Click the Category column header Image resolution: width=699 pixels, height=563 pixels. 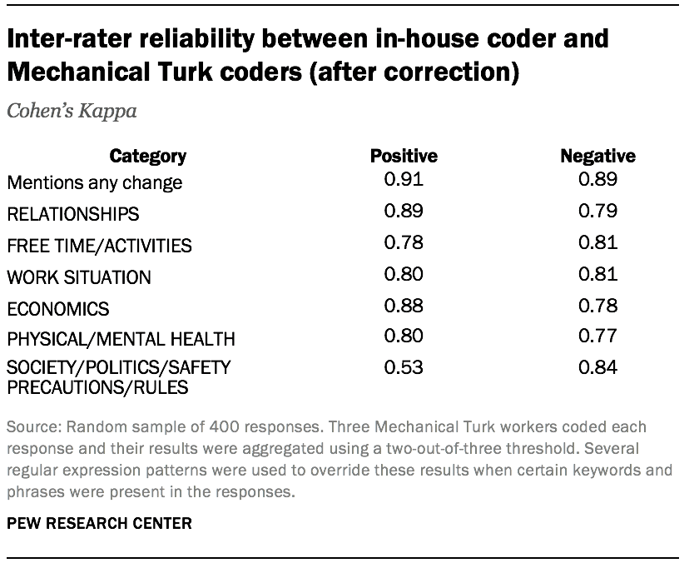[x=148, y=156]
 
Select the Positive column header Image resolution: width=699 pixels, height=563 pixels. [x=404, y=156]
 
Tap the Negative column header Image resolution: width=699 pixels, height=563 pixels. [x=597, y=156]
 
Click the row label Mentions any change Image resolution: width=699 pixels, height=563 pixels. [x=94, y=182]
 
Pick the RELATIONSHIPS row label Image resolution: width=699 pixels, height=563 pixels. [x=72, y=214]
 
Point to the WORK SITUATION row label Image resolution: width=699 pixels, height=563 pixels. [x=78, y=277]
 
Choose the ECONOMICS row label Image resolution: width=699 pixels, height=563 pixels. [x=57, y=309]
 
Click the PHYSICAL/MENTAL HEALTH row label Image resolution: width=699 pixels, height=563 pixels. [x=121, y=339]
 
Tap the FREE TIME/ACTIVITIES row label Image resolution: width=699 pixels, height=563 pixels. [x=99, y=246]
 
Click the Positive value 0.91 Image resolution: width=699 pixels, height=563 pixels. [x=404, y=178]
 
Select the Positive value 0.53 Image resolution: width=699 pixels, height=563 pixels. [x=404, y=366]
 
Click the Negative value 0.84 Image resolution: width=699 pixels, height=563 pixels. [x=597, y=366]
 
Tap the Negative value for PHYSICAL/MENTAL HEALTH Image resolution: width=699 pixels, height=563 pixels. [x=597, y=336]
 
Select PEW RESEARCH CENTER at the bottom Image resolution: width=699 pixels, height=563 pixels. [x=99, y=524]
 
